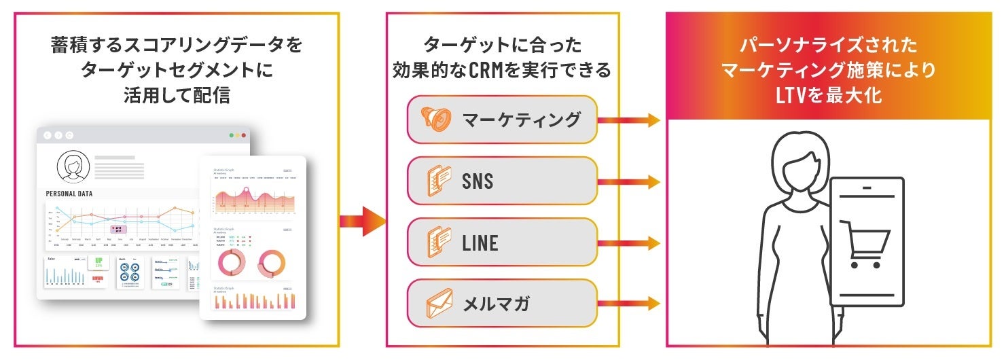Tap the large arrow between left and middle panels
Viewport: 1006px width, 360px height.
tap(362, 221)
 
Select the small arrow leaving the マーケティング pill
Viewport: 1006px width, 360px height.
tap(628, 120)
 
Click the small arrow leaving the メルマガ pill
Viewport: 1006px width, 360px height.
tap(628, 304)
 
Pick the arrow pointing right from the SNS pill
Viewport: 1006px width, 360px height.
tap(628, 181)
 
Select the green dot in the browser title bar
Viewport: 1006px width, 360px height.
tap(232, 135)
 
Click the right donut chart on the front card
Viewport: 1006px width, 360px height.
tap(272, 264)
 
